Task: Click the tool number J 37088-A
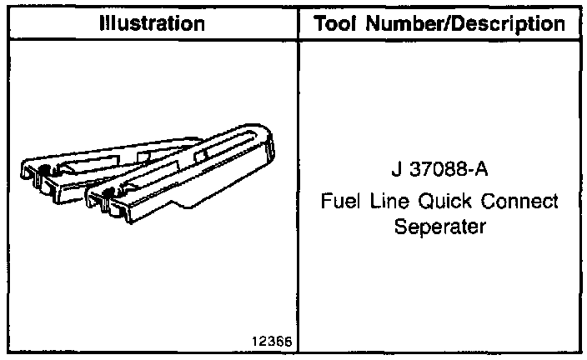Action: (439, 172)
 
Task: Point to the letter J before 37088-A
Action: (394, 172)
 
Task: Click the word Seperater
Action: (439, 227)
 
